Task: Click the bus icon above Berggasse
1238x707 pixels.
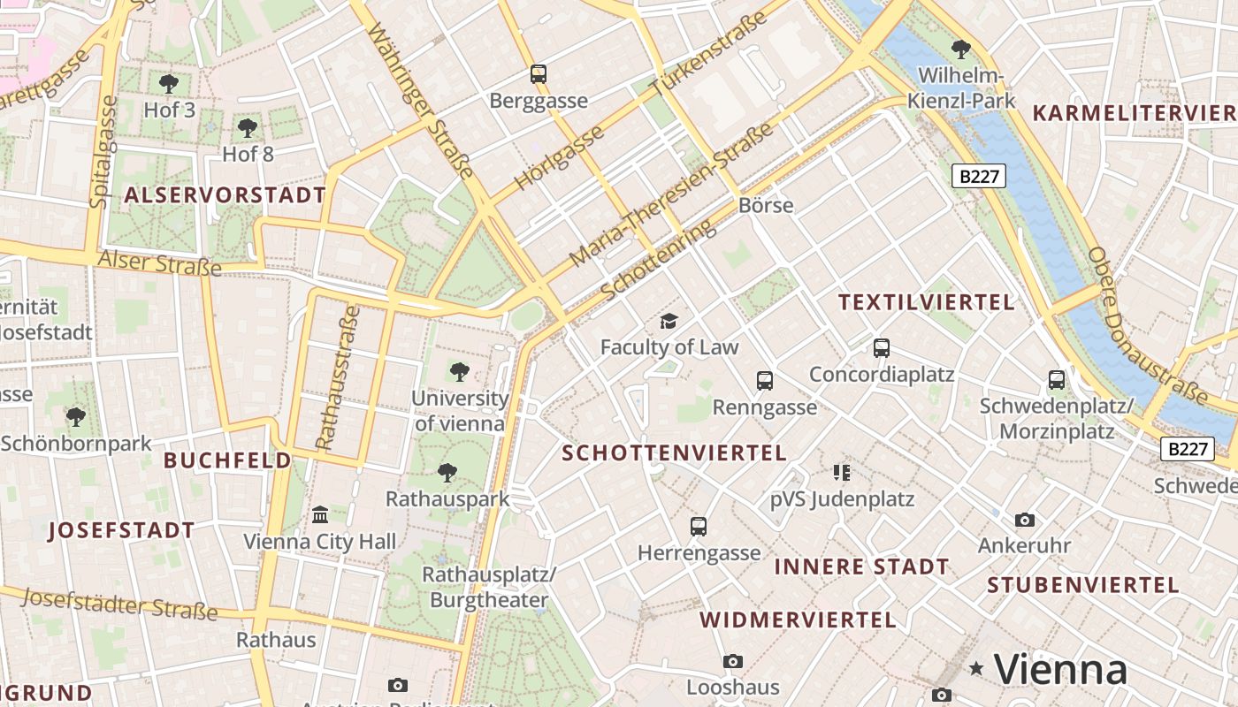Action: pyautogui.click(x=538, y=73)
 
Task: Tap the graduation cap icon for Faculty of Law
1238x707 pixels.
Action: pyautogui.click(x=669, y=321)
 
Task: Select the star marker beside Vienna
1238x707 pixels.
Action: pyautogui.click(x=976, y=668)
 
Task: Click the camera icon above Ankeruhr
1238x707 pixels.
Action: pyautogui.click(x=1024, y=520)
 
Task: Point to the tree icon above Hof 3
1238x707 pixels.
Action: pyautogui.click(x=169, y=84)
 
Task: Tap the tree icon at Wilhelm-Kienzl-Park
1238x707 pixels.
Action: pyautogui.click(x=961, y=49)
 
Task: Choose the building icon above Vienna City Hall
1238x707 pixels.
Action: pyautogui.click(x=320, y=514)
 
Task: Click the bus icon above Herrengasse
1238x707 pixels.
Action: pyautogui.click(x=699, y=527)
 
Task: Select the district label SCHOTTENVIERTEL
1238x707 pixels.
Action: pyautogui.click(x=674, y=453)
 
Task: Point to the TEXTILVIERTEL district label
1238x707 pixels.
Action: pyautogui.click(x=926, y=302)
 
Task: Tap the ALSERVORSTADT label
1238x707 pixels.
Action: pyautogui.click(x=225, y=195)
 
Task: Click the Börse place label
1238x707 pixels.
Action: pyautogui.click(x=765, y=205)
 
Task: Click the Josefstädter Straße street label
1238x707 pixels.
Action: pyautogui.click(x=119, y=604)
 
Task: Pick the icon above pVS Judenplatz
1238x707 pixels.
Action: pyautogui.click(x=841, y=473)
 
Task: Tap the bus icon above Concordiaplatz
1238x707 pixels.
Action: pyautogui.click(x=882, y=347)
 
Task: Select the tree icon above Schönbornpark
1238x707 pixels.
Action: pyautogui.click(x=76, y=416)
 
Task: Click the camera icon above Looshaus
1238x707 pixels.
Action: pyautogui.click(x=732, y=661)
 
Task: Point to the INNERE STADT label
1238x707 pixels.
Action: pyautogui.click(x=861, y=566)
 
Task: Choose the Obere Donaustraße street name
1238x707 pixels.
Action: pyautogui.click(x=1147, y=325)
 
